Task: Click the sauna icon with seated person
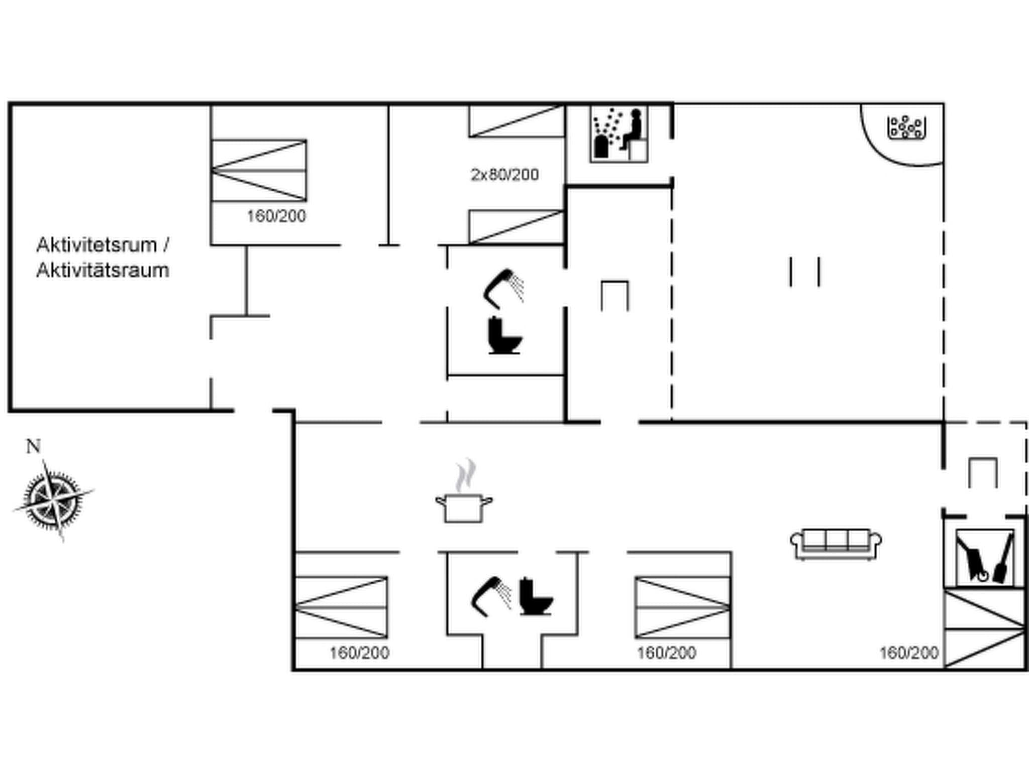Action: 619,134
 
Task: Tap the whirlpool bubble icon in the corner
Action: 906,127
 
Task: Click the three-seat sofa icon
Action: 836,544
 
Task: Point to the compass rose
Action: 53,499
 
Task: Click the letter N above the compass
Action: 33,446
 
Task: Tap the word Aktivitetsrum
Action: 96,245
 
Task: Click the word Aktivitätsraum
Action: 102,271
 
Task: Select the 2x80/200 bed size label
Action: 504,175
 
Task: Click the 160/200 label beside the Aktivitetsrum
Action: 276,216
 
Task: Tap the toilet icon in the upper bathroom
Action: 504,336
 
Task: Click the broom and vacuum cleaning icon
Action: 984,558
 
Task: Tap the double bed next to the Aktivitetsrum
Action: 259,171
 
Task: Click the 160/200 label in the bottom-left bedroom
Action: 359,653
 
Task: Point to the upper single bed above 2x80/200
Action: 516,121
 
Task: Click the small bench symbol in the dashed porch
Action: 983,472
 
